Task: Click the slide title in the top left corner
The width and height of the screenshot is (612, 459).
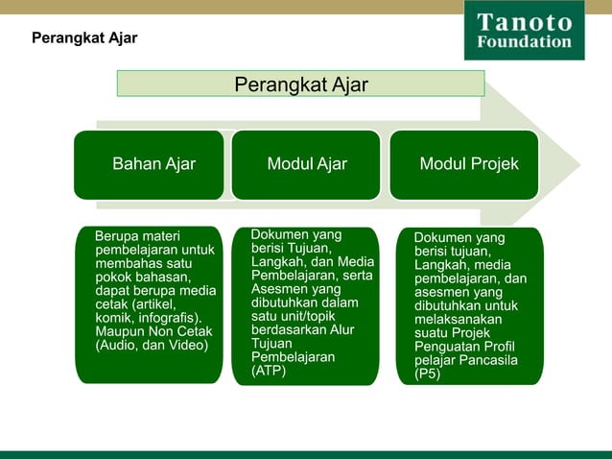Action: tap(84, 38)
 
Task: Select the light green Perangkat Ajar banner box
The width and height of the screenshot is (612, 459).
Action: tap(300, 84)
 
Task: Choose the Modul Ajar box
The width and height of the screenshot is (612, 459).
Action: tap(307, 164)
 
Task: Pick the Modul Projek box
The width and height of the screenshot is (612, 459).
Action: tap(468, 164)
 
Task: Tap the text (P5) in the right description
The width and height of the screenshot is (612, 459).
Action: tap(428, 374)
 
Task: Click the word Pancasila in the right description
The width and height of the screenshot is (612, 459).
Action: tap(489, 360)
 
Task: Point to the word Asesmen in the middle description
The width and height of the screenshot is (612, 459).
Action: tap(276, 289)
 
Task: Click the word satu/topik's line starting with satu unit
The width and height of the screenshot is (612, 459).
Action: tap(292, 316)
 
